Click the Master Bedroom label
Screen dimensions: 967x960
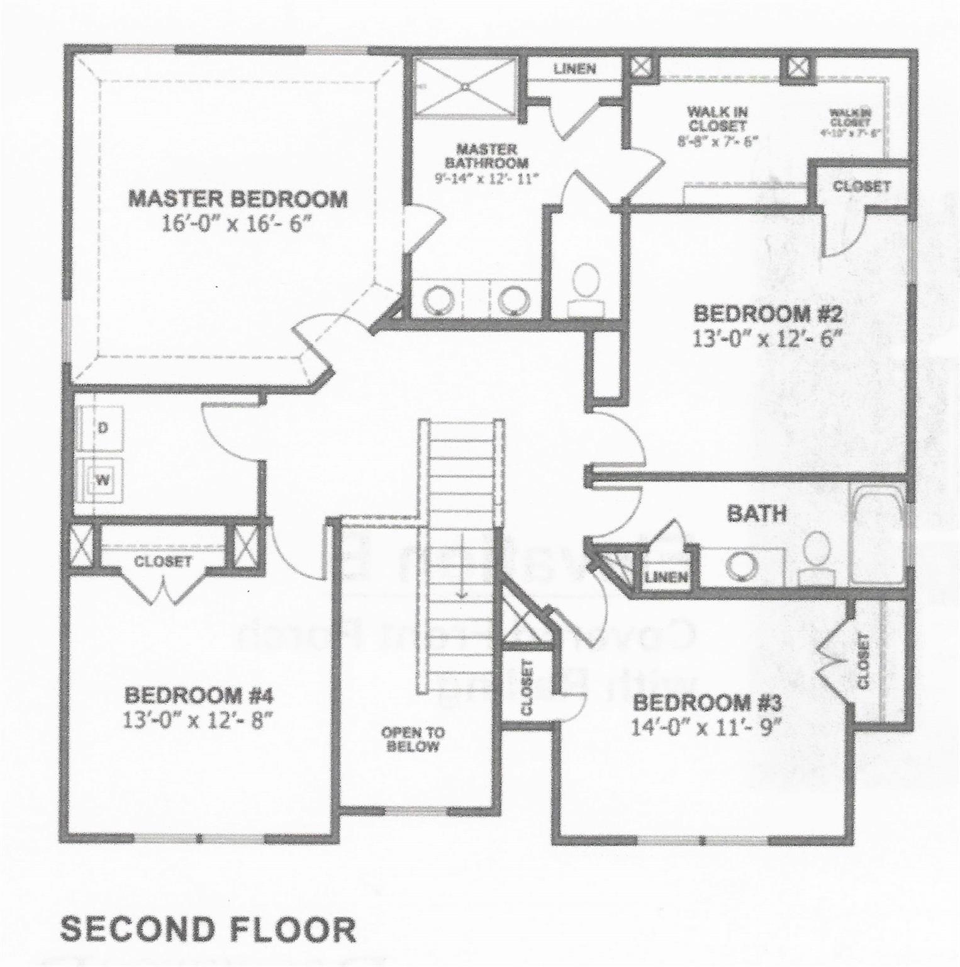[x=237, y=199]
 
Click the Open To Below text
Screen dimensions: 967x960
[x=413, y=740]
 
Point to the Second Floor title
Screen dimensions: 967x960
[x=207, y=929]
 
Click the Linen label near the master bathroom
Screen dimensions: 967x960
[x=574, y=68]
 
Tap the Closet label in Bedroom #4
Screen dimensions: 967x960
[x=163, y=561]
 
